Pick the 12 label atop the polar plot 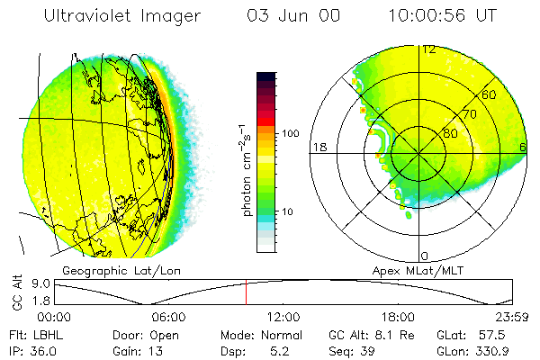(428, 49)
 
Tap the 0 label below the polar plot (425, 256)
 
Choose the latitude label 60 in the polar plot (490, 94)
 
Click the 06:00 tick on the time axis (168, 317)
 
